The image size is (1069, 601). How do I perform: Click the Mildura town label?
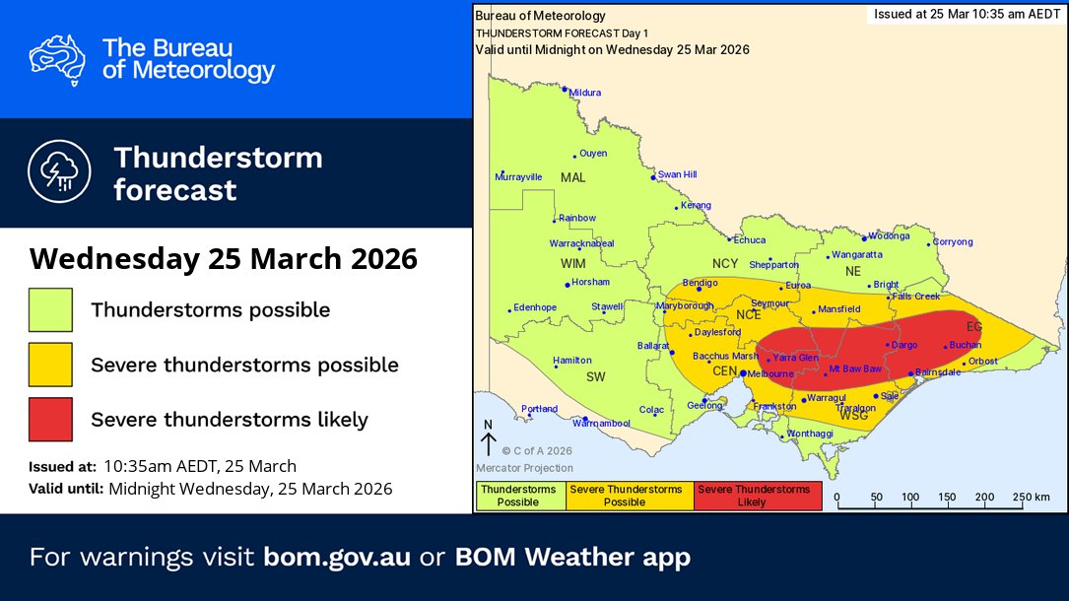[584, 93]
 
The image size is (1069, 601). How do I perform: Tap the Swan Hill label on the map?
[677, 174]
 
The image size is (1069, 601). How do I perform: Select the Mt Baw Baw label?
[855, 368]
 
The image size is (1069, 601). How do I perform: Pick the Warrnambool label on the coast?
[600, 423]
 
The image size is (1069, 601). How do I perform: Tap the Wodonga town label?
[888, 236]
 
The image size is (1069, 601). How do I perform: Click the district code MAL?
[572, 178]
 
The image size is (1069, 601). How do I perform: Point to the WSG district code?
[853, 417]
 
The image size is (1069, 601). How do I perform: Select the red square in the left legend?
[50, 419]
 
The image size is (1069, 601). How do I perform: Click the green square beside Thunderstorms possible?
[50, 309]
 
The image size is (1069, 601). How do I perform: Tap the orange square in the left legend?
[50, 365]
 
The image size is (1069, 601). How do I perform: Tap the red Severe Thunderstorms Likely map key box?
[758, 496]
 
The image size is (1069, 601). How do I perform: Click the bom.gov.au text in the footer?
[337, 557]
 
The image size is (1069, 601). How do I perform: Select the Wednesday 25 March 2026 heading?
[224, 259]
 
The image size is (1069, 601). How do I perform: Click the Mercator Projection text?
[525, 468]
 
